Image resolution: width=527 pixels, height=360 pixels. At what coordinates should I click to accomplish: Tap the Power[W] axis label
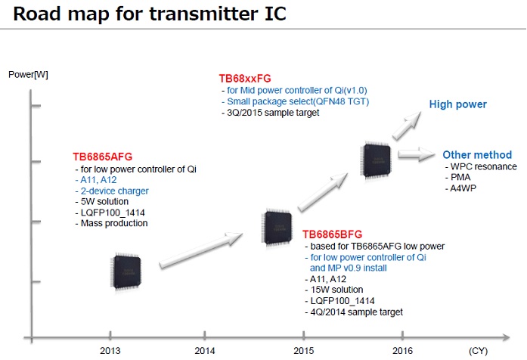coord(28,73)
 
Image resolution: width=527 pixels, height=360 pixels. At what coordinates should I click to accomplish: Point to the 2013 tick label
coord(110,351)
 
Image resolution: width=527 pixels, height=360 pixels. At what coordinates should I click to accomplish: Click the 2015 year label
coord(303,351)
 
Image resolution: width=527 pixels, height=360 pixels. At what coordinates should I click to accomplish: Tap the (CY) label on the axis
coord(479,351)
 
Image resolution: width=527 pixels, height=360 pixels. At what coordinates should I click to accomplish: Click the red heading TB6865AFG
coord(103,157)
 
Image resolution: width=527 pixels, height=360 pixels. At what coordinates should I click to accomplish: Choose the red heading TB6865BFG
coord(333,234)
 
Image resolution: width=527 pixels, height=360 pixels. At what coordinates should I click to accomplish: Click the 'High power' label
coord(458,104)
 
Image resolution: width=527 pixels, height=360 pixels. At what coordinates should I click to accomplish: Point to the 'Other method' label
coord(477,154)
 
